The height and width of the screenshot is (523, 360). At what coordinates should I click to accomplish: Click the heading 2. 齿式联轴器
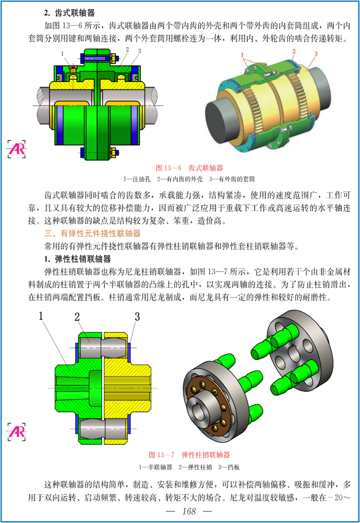[x=69, y=13]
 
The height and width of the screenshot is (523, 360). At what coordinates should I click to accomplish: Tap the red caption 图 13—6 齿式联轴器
[x=189, y=168]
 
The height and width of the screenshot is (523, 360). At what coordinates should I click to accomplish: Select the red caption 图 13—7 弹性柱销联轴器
[x=189, y=455]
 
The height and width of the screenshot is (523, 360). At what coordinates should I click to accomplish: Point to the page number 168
[x=189, y=511]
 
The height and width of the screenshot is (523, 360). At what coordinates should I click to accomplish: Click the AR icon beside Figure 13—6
[x=16, y=149]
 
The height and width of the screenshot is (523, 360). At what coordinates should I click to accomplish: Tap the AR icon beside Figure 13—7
[x=16, y=432]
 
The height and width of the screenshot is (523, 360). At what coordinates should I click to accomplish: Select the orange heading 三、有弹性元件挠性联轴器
[x=92, y=233]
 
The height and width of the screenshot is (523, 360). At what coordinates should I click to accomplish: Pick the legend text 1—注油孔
[x=136, y=179]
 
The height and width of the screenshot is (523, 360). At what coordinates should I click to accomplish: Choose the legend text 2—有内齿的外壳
[x=179, y=179]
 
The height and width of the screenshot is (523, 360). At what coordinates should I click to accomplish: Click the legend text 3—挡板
[x=229, y=467]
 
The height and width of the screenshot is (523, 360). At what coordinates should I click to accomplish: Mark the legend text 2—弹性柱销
[x=195, y=467]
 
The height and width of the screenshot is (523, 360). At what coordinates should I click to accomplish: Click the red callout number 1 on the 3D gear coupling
[x=242, y=55]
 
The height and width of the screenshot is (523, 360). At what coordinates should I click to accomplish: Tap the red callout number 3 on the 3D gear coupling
[x=316, y=54]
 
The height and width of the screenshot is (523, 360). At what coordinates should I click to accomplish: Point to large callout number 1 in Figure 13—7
[x=41, y=316]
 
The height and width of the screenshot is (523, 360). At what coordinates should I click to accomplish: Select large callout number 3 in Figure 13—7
[x=137, y=317]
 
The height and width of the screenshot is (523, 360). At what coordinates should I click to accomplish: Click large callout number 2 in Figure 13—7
[x=77, y=317]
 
